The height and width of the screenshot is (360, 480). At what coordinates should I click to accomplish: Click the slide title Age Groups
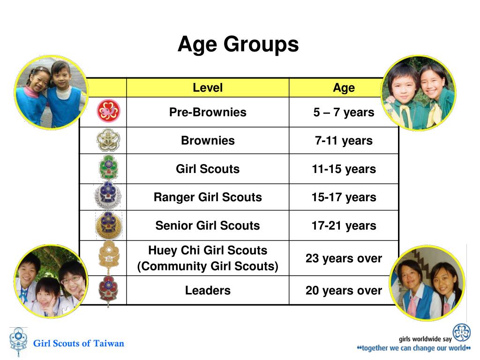coord(238,45)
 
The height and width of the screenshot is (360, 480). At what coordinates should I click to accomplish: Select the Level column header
coord(208,88)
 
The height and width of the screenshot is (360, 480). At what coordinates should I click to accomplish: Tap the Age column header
coord(344,88)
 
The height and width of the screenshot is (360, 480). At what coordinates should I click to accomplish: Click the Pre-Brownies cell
coord(208,112)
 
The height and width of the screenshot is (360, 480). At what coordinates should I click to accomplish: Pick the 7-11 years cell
coord(344,141)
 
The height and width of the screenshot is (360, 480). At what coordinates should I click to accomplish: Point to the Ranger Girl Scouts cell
coord(208,197)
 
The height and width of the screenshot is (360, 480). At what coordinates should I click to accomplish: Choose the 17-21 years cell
coord(344,225)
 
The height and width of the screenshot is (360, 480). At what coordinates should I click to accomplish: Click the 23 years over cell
coord(344,258)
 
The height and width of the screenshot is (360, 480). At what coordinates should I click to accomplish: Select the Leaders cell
coord(208,290)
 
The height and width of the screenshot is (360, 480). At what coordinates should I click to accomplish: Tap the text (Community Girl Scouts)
coord(208,266)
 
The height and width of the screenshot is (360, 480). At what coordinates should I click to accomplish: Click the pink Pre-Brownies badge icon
coord(108,112)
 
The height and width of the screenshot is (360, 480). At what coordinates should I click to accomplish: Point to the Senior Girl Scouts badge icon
coord(108,225)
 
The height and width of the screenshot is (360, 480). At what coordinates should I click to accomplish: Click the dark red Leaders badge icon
coord(108,291)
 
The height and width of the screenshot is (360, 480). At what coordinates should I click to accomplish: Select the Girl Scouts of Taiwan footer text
coord(78,343)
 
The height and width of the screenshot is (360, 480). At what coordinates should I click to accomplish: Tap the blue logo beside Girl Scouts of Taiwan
coord(18,343)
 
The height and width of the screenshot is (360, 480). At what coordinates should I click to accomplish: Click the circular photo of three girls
coord(51,282)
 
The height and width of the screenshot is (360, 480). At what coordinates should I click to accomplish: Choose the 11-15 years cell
coord(344,169)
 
